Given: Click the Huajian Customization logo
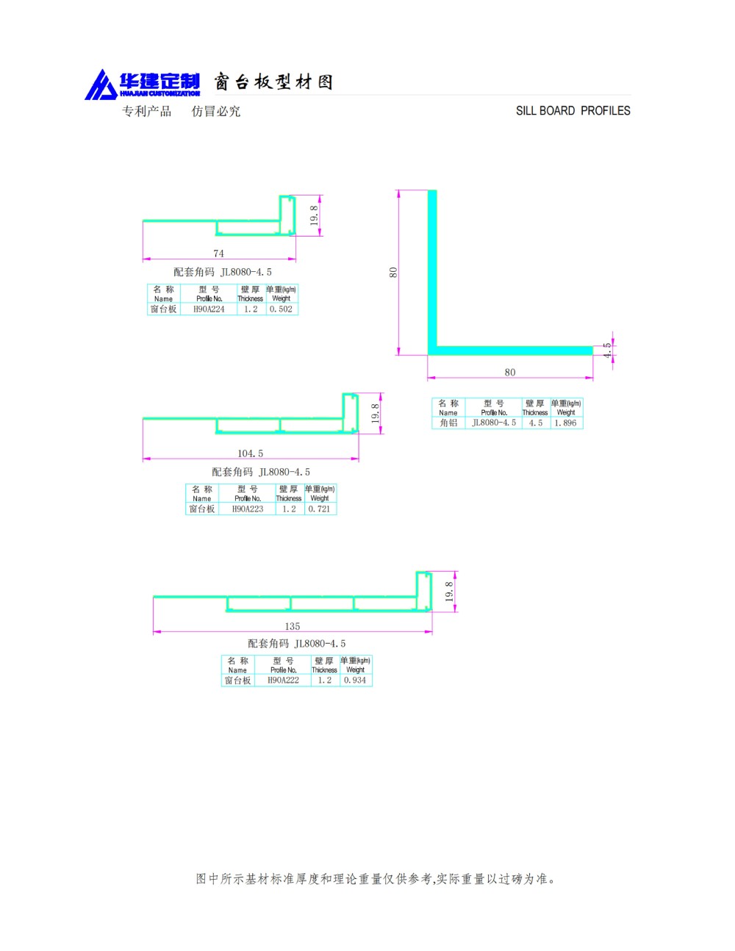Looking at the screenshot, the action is point(142,84).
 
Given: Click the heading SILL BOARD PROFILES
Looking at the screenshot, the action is point(573,111).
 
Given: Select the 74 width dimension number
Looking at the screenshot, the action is point(218,254).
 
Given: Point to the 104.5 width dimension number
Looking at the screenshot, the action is point(250,453).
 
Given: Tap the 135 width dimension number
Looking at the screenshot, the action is point(293,626).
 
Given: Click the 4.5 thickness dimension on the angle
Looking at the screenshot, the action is point(607,350).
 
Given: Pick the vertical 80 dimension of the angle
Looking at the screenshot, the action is point(393,272).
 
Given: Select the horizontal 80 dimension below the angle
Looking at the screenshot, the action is point(509,372).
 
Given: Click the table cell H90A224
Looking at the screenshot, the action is point(209,309).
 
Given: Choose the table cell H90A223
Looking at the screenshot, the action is point(247,509).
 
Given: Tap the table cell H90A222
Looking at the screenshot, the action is point(283,680).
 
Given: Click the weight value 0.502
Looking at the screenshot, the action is point(281,309).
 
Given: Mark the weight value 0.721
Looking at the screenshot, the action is point(320,509).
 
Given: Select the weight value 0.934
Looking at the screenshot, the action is point(355,680).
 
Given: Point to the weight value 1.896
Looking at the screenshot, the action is point(565,423).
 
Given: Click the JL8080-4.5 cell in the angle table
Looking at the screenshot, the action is point(494,423).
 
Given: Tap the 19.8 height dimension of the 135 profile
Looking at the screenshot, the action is point(448,592).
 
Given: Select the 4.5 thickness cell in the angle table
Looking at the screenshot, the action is point(536,423).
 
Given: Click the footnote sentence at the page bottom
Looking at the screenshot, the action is point(376,879).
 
